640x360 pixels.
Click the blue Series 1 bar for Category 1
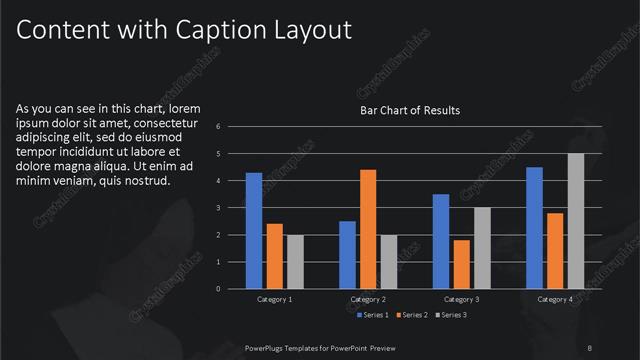coord(254,231)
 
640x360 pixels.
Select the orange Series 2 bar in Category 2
coord(368,229)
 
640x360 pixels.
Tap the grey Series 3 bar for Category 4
coord(575,221)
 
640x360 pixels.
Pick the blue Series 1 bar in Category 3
coord(441,241)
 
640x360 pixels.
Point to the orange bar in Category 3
coord(461,264)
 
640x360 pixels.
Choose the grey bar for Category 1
coord(294,262)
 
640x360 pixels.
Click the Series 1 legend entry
coord(370,315)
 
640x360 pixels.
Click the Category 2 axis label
coord(368,299)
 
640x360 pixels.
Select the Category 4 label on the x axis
coord(555,299)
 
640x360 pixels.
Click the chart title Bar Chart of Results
coord(410,110)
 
